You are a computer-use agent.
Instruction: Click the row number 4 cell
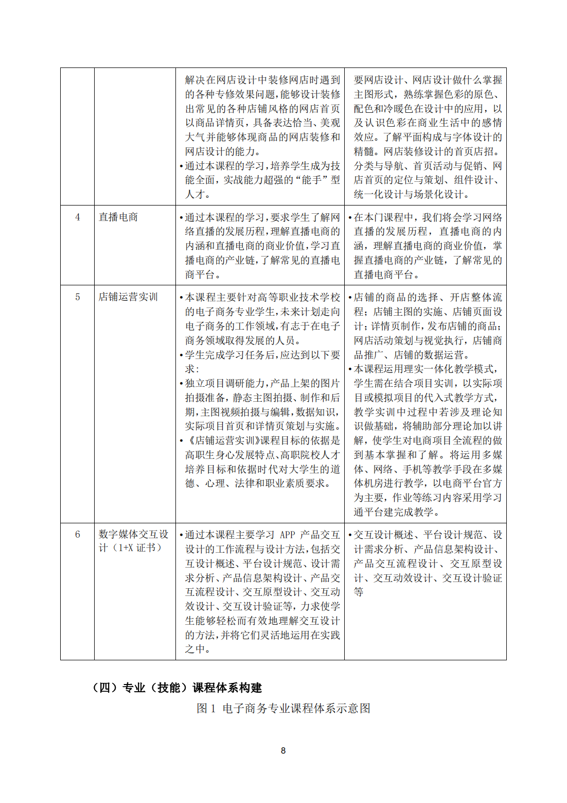78,217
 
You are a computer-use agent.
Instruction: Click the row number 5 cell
78,297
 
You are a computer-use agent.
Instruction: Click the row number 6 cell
78,535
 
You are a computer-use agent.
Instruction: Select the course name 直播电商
118,217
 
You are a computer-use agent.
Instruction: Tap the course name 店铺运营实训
128,297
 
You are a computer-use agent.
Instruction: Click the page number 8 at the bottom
283,750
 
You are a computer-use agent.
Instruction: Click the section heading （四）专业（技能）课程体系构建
177,688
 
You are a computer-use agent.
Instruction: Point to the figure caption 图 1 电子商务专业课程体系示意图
283,708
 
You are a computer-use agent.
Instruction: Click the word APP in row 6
288,535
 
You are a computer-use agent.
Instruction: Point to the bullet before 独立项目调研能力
182,384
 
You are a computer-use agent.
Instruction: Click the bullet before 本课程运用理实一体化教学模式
350,369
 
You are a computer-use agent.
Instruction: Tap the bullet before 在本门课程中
350,218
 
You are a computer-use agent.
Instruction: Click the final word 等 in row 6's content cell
359,592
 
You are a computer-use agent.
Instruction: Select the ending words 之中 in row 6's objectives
196,649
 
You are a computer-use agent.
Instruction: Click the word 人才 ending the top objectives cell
195,194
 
